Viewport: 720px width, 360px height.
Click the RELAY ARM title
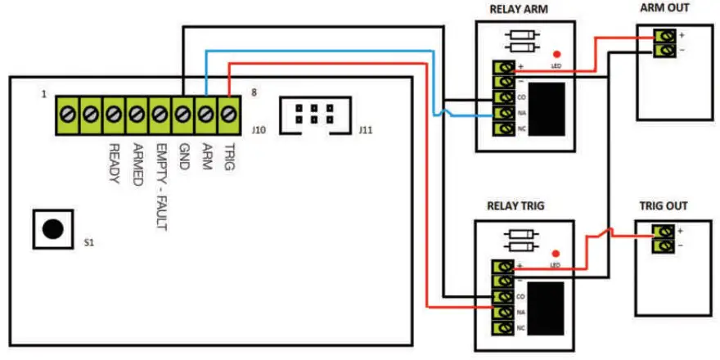tap(518, 10)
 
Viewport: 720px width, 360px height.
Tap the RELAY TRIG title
tap(519, 207)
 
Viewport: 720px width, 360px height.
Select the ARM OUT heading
tap(665, 8)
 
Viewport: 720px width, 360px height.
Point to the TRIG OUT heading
tap(663, 206)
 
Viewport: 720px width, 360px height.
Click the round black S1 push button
tap(52, 229)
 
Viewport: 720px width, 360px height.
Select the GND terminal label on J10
tap(184, 155)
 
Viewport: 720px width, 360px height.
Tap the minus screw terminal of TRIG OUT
tap(664, 245)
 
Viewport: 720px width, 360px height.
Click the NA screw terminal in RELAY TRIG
tap(502, 312)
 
